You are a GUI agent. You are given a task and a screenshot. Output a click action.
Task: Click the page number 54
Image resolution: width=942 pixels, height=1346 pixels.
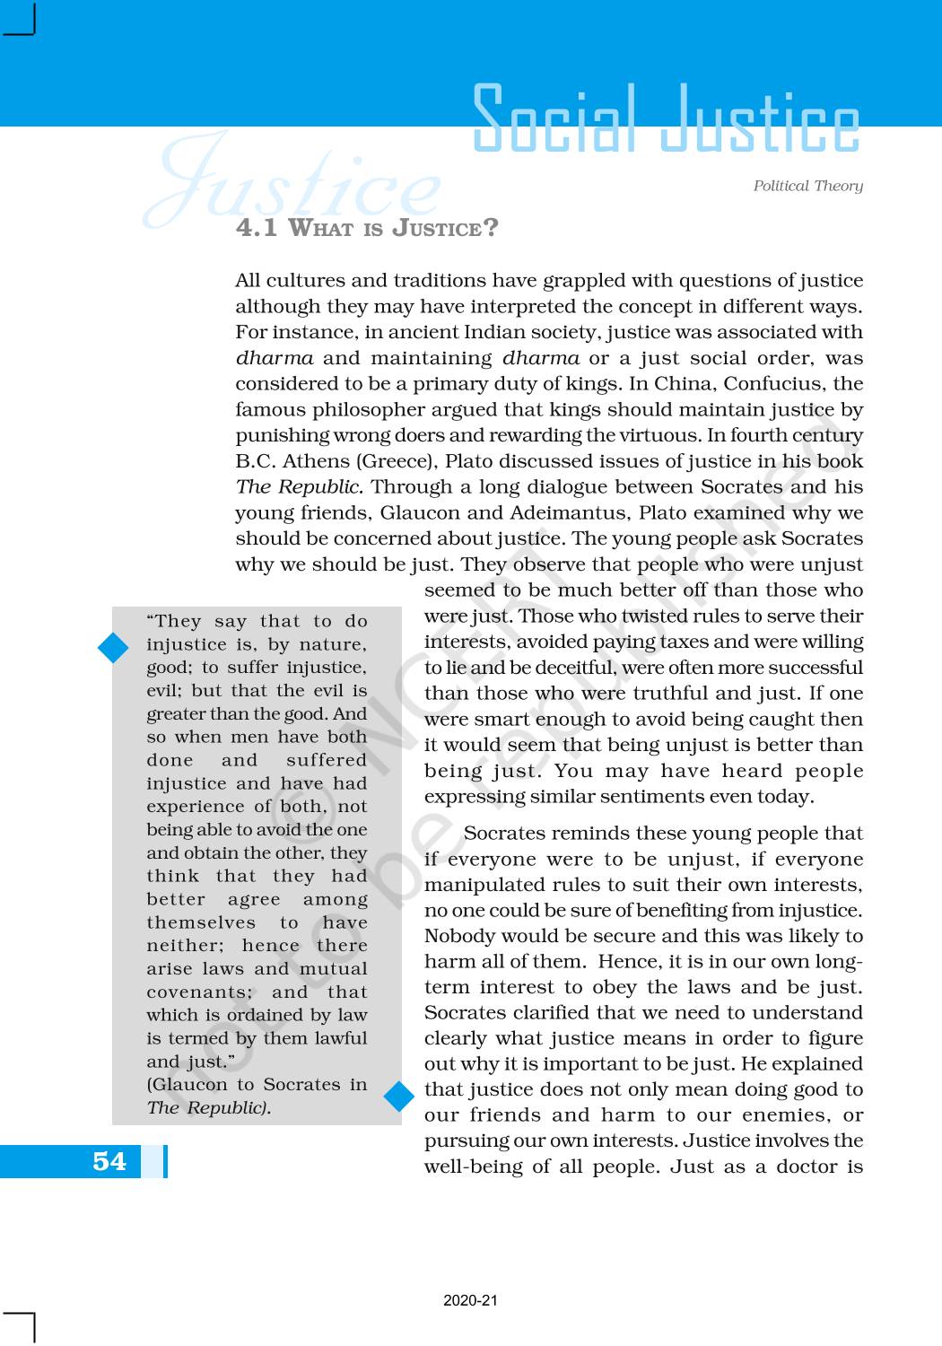coord(109,1161)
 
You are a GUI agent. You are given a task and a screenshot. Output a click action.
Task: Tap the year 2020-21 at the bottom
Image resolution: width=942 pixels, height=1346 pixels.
coord(470,1300)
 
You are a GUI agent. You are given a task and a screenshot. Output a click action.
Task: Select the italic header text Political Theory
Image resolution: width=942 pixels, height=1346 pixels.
coord(807,186)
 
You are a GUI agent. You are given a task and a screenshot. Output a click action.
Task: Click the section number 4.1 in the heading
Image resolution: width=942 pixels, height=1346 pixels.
coord(257,228)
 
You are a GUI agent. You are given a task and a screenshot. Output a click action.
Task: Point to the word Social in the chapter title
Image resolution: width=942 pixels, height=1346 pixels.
coord(554,119)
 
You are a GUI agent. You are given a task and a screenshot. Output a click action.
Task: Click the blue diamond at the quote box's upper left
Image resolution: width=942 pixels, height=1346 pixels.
coord(113,648)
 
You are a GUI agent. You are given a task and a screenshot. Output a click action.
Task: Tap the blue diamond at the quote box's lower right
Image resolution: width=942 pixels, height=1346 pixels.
coord(399,1096)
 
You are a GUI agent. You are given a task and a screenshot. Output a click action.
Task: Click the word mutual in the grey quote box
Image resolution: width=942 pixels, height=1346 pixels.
coord(333,969)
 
